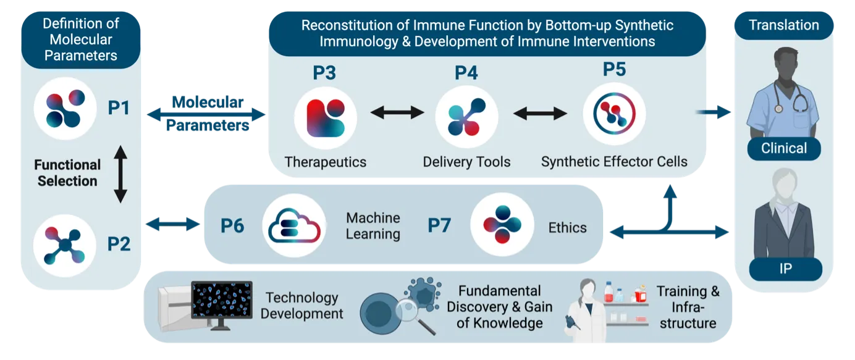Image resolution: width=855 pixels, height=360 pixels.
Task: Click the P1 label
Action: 119,108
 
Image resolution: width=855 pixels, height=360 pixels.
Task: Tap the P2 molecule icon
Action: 64,246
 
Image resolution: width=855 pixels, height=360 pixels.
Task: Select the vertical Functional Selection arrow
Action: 120,174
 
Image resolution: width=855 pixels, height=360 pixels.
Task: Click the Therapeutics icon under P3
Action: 326,117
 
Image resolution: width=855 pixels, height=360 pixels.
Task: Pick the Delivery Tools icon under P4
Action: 466,117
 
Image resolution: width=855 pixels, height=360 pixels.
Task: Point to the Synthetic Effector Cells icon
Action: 614,114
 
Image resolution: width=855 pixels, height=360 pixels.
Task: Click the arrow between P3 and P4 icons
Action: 397,112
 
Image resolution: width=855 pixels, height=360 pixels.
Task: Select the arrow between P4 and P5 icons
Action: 540,113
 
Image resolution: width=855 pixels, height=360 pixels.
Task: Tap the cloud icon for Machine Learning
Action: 294,225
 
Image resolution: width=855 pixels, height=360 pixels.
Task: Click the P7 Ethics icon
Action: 502,224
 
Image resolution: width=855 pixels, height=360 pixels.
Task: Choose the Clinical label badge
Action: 784,148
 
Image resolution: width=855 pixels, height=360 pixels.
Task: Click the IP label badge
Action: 786,269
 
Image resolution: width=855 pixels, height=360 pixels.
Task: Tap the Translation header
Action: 783,25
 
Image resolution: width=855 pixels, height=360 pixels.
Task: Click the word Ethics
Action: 567,228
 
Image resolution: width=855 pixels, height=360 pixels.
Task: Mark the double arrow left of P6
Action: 172,224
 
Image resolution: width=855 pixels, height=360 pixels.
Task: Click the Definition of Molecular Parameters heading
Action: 80,40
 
